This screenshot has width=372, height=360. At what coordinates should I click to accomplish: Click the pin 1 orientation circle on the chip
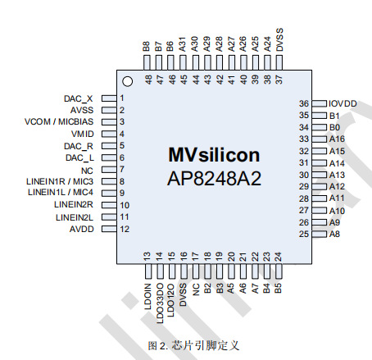pos(127,81)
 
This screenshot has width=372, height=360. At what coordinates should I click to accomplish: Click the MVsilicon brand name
pos(214,156)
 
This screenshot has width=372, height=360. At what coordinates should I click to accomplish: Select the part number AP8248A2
pos(214,177)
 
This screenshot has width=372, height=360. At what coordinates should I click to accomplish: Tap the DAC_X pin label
pos(79,98)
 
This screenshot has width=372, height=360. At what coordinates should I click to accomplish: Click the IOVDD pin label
pos(343,104)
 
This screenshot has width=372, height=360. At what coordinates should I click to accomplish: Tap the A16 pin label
pos(337,139)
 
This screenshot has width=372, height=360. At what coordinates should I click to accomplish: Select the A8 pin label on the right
pos(334,235)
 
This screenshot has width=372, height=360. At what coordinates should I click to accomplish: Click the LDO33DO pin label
pos(160,298)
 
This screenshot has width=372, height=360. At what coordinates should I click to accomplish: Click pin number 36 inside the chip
pos(303,104)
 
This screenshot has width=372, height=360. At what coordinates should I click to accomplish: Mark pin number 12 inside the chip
pos(124,229)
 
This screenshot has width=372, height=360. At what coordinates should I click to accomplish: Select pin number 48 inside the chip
pos(148,80)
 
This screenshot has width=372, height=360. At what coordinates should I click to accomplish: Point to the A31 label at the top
pos(183,46)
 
